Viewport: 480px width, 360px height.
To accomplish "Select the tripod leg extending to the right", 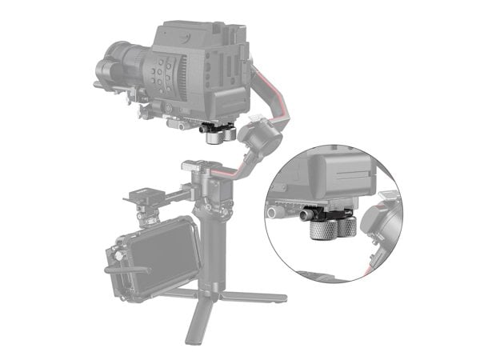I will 255,296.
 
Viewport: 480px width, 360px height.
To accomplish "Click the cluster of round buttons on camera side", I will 163,76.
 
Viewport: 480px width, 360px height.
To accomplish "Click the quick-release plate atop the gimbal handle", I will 195,168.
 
